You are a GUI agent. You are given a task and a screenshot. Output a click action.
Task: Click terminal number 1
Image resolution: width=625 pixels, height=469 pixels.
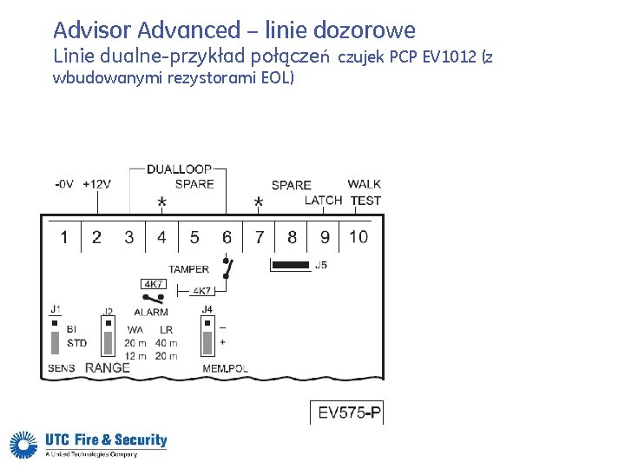63,237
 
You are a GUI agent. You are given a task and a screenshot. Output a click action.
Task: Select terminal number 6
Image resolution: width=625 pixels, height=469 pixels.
227,237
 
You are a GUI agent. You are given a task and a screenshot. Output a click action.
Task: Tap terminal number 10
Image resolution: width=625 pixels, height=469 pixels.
358,237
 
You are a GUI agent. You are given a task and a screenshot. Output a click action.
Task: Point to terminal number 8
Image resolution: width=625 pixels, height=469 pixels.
292,237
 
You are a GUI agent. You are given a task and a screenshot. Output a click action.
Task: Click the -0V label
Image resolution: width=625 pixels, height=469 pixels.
63,184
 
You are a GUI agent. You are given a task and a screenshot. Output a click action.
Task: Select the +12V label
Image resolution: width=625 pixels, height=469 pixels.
96,184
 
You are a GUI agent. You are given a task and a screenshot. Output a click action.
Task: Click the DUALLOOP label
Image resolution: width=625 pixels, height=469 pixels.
180,169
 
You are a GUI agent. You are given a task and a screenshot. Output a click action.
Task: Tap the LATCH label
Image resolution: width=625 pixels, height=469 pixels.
323,201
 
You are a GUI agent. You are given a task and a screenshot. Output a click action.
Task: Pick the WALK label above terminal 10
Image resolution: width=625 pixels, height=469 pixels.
364,184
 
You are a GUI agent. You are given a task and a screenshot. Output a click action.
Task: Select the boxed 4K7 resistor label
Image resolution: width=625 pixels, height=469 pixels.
153,284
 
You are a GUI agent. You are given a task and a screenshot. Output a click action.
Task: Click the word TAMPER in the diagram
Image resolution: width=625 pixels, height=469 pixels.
189,269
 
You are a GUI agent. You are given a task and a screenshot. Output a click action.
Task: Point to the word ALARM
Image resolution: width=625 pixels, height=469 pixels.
151,312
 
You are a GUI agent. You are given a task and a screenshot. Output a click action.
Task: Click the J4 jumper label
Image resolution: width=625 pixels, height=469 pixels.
207,309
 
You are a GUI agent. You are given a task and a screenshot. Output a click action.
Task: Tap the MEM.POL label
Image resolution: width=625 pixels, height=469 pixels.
225,368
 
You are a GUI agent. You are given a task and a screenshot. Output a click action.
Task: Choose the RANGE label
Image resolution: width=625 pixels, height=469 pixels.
107,367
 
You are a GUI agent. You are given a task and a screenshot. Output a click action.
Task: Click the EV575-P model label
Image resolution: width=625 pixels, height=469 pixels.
349,413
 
